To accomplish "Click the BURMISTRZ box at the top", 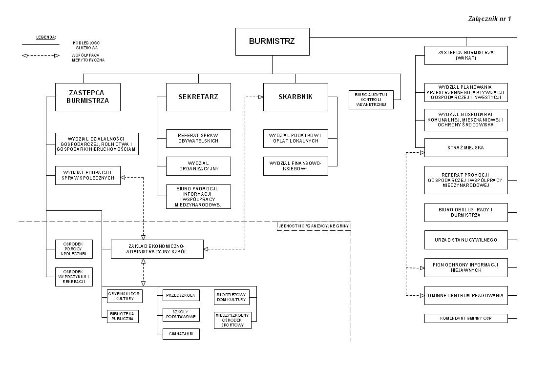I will [272, 41].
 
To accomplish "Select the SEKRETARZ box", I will [198, 97].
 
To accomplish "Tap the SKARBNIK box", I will [295, 97].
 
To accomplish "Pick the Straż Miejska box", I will [466, 147].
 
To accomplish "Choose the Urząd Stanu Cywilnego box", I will [466, 240].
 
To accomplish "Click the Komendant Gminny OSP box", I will [466, 318].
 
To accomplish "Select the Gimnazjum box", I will [181, 334].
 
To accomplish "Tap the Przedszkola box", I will [181, 295].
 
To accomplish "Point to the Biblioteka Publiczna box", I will [123, 316].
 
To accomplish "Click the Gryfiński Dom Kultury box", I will [125, 296].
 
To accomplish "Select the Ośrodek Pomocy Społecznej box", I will [74, 249].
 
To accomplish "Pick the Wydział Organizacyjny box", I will [198, 166].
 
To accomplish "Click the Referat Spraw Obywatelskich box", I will [198, 138].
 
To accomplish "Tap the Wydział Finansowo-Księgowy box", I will [295, 166].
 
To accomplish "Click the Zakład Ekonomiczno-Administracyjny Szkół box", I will [157, 249].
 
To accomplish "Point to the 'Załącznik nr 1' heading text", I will [489, 19].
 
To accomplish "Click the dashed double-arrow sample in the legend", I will [41, 55].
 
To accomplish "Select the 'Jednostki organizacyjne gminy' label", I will [314, 226].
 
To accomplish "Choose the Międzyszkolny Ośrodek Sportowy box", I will [232, 320].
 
